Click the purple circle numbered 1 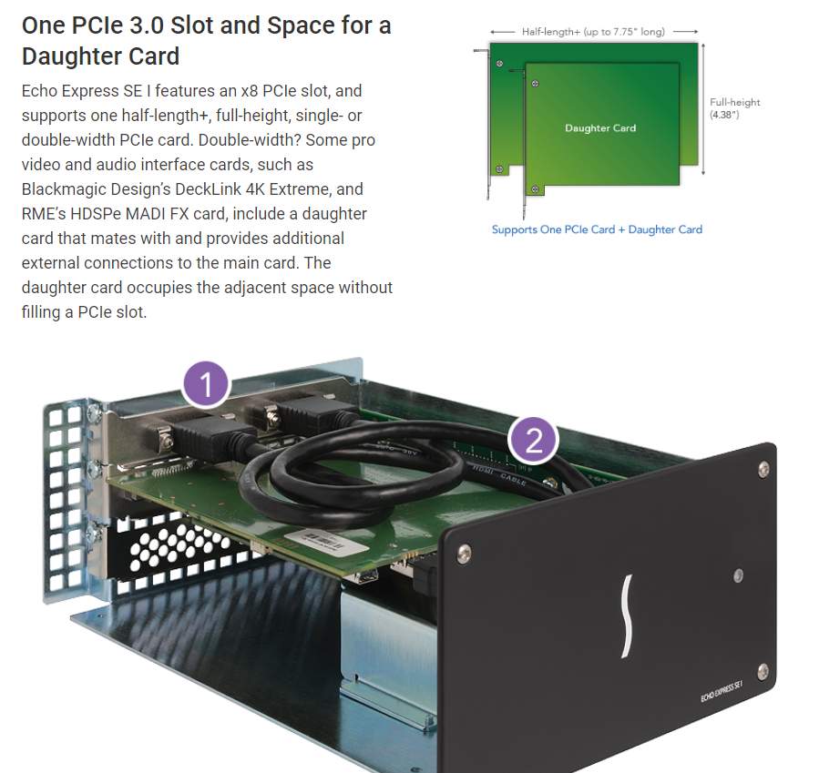click(206, 384)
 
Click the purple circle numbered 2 click(533, 441)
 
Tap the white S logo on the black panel click(628, 616)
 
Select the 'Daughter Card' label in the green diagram click(600, 127)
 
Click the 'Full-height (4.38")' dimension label click(734, 108)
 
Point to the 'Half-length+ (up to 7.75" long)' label click(593, 32)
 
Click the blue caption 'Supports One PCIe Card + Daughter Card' click(597, 229)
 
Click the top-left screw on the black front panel click(463, 554)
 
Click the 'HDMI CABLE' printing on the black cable click(499, 475)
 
